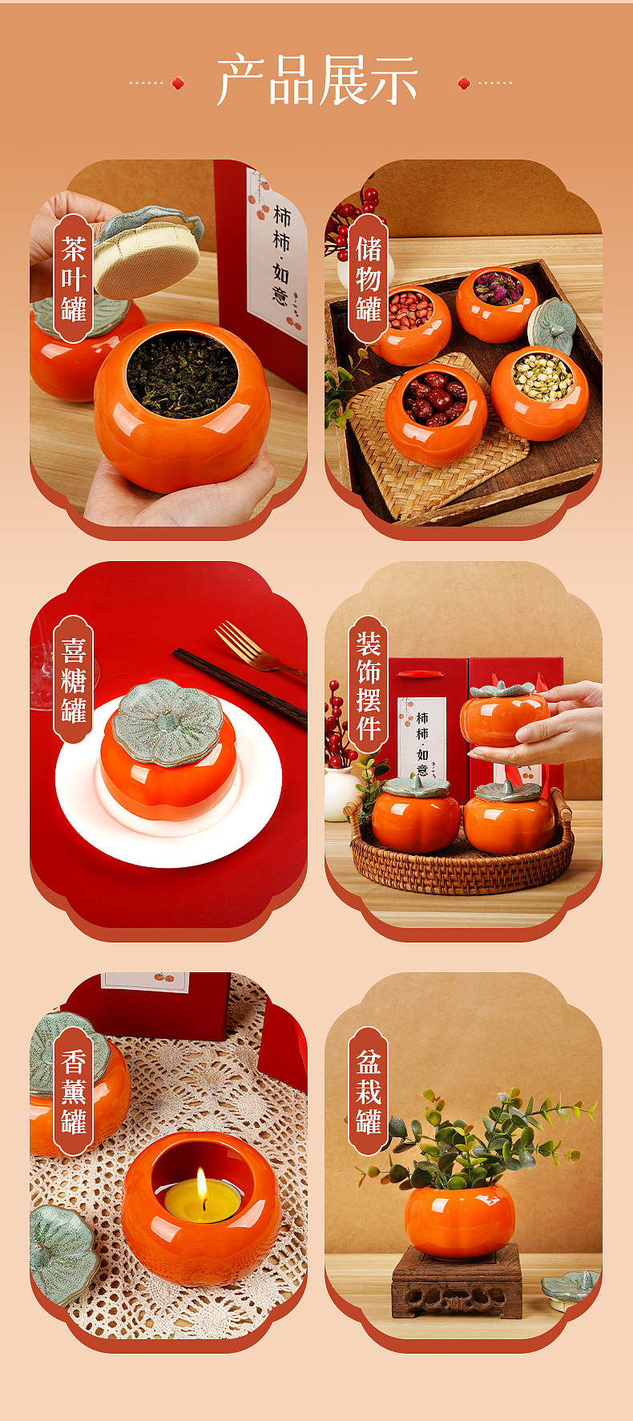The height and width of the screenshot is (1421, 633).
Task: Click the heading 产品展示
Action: click(x=316, y=81)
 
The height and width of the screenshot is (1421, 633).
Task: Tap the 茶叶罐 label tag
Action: click(x=73, y=279)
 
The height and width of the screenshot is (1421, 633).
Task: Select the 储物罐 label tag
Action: click(x=368, y=279)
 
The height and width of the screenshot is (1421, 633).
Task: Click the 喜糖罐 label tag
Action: click(x=73, y=680)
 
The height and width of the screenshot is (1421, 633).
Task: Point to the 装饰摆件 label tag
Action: click(x=368, y=684)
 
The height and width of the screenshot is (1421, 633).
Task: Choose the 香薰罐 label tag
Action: click(x=73, y=1091)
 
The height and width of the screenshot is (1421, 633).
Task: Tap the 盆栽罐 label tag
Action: click(x=368, y=1091)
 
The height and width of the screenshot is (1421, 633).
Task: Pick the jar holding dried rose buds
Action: click(x=497, y=303)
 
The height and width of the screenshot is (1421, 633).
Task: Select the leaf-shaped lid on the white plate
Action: click(x=167, y=721)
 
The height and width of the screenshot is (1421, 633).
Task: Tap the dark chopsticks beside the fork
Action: click(x=240, y=687)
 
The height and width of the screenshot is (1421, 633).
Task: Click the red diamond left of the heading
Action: click(x=178, y=83)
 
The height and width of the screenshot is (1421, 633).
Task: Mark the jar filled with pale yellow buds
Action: click(x=541, y=392)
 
